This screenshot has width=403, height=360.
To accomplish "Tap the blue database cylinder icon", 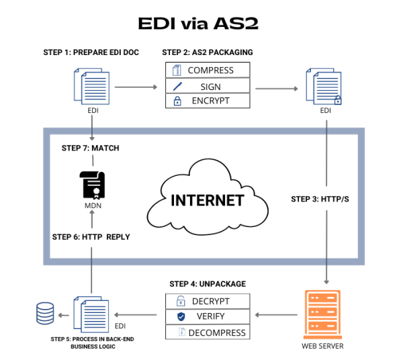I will coord(45,314).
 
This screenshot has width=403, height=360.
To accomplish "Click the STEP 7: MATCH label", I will coord(90,148).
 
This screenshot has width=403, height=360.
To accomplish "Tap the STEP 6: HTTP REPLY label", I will coord(91,237).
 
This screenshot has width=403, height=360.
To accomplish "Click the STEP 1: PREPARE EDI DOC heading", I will coord(90,52).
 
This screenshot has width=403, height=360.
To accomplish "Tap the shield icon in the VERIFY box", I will coord(180,316).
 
